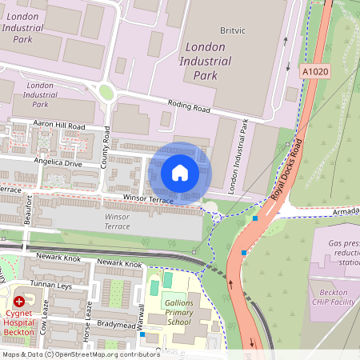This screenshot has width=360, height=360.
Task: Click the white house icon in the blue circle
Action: (180, 173)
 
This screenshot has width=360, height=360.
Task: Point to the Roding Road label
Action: (189, 104)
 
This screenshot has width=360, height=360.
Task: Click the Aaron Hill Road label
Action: (58, 126)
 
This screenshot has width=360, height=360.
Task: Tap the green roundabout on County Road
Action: (106, 91)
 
